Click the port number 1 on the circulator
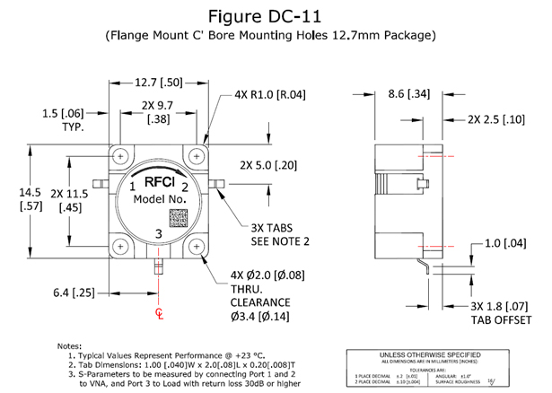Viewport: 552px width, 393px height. pyautogui.click(x=131, y=186)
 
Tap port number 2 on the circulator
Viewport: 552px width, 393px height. pyautogui.click(x=184, y=187)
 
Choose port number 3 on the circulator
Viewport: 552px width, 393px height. pyautogui.click(x=159, y=235)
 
